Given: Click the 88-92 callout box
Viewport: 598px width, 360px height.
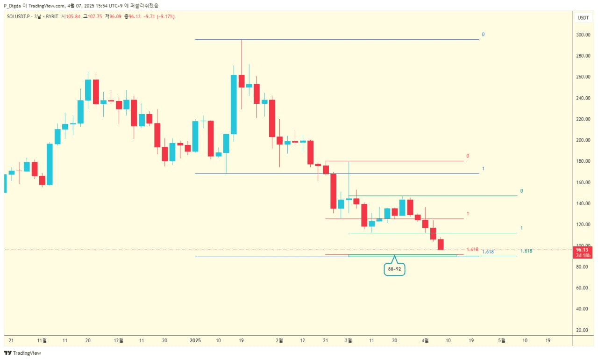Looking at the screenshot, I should [x=394, y=269].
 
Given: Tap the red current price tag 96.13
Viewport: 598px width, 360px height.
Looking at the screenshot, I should [x=583, y=250].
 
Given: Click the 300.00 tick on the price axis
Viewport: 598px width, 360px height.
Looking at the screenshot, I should [x=582, y=35].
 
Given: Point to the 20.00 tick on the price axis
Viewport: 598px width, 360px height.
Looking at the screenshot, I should [x=582, y=330].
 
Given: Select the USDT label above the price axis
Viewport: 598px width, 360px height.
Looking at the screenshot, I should [x=583, y=18].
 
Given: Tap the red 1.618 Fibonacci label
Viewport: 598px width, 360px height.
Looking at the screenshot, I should [x=472, y=249].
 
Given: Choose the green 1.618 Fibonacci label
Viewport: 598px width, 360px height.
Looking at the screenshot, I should [x=526, y=251].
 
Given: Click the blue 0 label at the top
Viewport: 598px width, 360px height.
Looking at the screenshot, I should [x=483, y=35].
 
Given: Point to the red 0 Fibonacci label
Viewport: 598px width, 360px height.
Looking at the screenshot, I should [x=468, y=156].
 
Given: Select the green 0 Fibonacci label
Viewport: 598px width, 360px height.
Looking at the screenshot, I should [x=521, y=191].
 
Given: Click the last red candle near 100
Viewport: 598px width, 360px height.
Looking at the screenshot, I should [x=440, y=244].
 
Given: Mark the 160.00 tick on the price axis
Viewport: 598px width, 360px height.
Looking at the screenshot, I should [x=582, y=182].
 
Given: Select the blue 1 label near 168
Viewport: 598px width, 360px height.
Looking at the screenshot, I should [x=483, y=168].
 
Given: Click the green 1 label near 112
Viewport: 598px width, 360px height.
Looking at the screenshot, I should [x=521, y=228].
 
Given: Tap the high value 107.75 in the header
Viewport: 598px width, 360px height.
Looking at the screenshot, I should [x=94, y=16].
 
